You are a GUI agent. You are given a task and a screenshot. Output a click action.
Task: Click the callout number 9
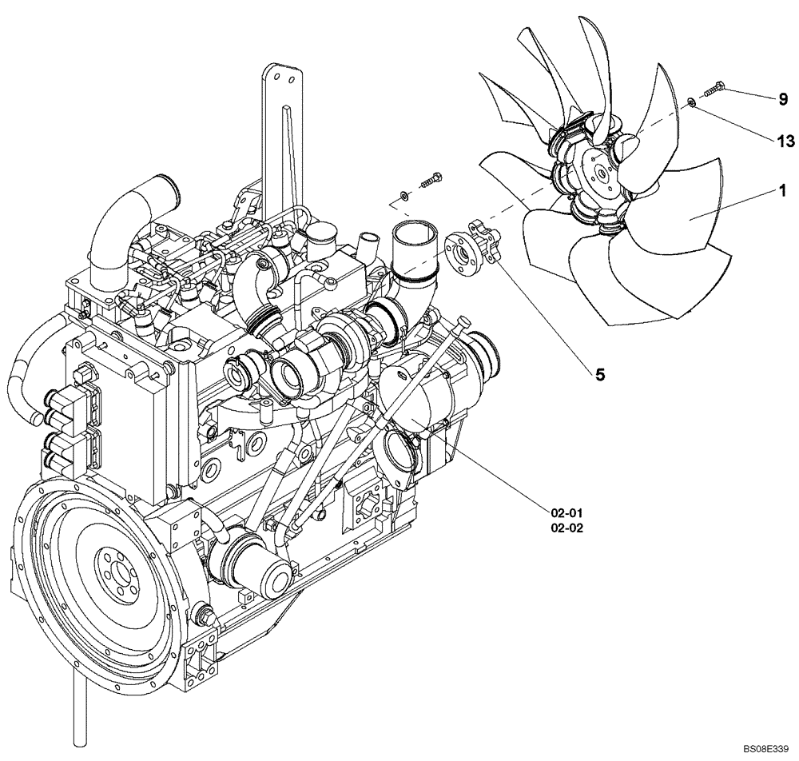[x=783, y=99]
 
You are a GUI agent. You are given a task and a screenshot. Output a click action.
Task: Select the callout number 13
[x=785, y=141]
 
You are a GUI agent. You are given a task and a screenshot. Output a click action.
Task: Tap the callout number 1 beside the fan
[x=783, y=191]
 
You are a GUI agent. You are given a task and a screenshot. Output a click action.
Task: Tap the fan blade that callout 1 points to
[x=687, y=216]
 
